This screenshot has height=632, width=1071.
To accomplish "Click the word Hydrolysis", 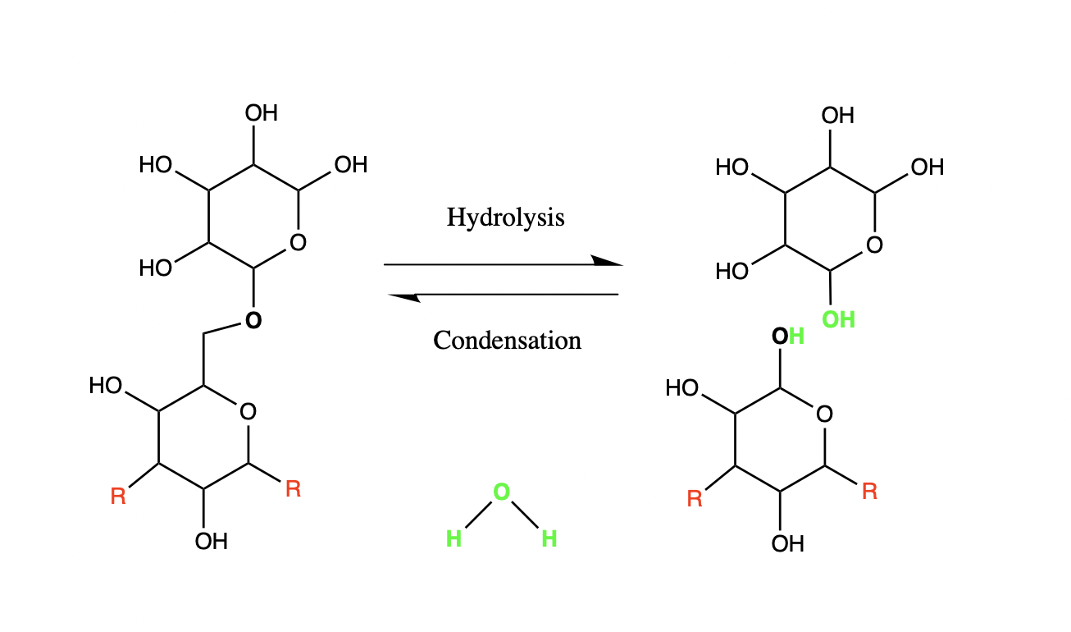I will pos(505,218).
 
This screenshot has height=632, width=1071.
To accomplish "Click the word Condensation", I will pos(507,340).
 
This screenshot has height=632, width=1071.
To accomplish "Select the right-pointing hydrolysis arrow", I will pos(503,264).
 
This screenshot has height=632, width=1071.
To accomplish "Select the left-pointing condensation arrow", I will pos(503,294).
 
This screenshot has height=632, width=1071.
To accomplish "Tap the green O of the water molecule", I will pos(501,492).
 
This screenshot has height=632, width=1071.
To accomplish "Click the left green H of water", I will pos(453,539).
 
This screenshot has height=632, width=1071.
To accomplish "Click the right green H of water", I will pos(549,539).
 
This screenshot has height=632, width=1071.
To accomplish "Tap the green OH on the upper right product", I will pos(838,319).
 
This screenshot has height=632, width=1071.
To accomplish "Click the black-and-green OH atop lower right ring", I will pos(788,337).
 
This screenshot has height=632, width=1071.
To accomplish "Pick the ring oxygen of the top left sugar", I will pos(298,242).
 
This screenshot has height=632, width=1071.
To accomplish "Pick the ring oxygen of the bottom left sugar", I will pos(248,411).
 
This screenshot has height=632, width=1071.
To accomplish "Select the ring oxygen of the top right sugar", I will pos(874,245).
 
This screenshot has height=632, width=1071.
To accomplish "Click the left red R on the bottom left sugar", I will pos(118,497).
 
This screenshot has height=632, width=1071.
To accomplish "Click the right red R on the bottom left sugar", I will pos(293,490).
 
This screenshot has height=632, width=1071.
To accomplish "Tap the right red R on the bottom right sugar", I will pos(869,492).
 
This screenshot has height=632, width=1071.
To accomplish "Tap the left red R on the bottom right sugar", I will pos(695,499).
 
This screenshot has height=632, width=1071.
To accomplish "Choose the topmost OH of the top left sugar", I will pos(262,113).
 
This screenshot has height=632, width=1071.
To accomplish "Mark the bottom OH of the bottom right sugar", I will pos(788,543).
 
